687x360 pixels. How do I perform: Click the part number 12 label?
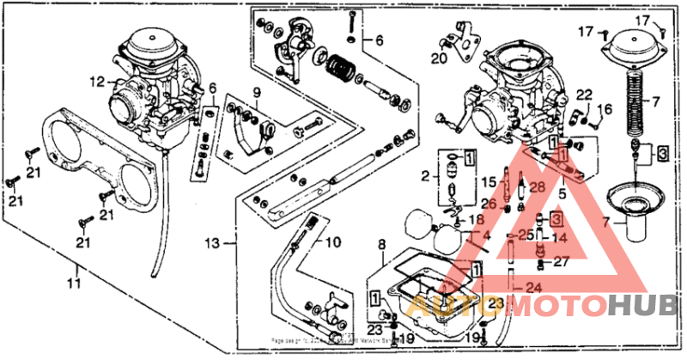click(95, 82)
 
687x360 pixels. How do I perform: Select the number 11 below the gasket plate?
click(75, 281)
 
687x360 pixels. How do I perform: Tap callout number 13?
click(214, 242)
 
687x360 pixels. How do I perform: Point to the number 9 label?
click(255, 93)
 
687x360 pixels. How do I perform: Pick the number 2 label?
click(424, 177)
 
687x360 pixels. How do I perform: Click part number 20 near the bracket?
click(439, 58)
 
